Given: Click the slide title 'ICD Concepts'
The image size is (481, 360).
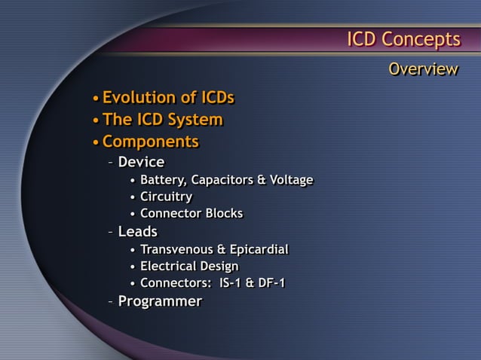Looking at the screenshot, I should click(403, 39).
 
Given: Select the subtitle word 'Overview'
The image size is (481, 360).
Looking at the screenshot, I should click(423, 70).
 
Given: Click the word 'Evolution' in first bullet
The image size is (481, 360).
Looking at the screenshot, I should click(139, 98).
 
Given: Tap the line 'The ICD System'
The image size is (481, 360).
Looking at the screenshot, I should click(162, 120).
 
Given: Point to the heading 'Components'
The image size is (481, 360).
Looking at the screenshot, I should click(150, 142).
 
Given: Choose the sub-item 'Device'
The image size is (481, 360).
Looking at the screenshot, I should click(141, 162).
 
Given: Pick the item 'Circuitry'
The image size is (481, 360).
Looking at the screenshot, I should click(166, 197).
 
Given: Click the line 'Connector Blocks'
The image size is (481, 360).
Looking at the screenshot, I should click(191, 214).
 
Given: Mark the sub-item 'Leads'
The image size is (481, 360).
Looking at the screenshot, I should click(137, 231).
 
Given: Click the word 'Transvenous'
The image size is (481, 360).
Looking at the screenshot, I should click(177, 249).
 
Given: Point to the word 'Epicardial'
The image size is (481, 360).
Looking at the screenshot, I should click(259, 249).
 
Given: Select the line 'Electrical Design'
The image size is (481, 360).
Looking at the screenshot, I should click(189, 267).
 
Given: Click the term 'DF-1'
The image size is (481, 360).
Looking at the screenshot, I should click(272, 284).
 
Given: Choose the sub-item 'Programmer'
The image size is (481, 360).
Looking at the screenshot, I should click(160, 302).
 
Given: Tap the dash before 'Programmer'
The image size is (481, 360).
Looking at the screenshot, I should click(111, 302).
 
